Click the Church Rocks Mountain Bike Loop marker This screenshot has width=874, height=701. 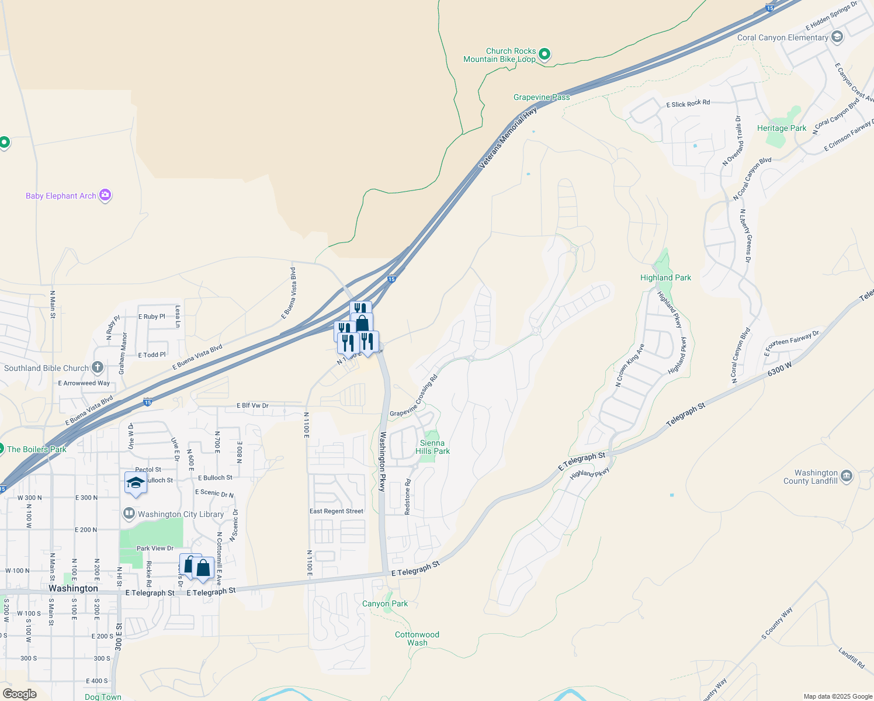coord(544,54)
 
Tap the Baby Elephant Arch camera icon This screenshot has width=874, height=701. coord(105,195)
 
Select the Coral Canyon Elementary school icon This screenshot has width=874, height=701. coord(837,37)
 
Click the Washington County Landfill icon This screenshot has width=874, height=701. coord(847,476)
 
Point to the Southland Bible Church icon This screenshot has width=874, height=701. coord(98,367)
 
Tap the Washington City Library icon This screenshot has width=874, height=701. coord(129,513)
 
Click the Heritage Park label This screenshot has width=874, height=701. coord(781,128)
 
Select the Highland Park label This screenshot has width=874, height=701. coord(665,277)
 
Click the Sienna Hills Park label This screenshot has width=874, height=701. coord(432,447)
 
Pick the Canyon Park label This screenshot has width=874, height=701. coord(385,603)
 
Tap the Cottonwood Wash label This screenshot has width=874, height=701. coord(417,638)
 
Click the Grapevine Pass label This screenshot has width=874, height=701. coord(542,97)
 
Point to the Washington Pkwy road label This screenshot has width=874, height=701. coord(383,461)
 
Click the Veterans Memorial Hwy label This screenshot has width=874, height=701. coord(507,138)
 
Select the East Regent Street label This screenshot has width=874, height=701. coord(337,511)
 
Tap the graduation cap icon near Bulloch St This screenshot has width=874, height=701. coord(136,483)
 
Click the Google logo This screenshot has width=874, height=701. coord(19,694)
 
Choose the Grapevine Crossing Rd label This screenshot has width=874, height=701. coord(414,397)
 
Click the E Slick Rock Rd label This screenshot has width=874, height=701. coord(688,103)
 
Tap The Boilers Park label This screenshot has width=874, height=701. coord(36,449)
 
